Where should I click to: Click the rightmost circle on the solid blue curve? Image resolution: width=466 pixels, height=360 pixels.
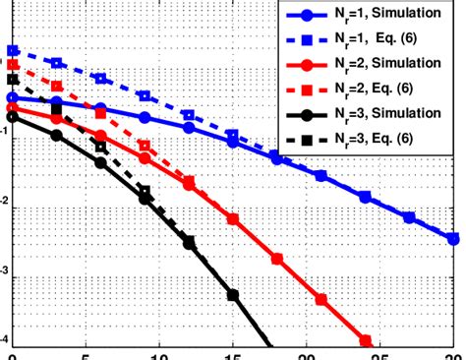[453, 238]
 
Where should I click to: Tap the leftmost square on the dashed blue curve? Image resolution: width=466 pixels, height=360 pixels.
[12, 50]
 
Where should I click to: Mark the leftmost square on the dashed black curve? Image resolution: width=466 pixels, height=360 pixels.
[12, 81]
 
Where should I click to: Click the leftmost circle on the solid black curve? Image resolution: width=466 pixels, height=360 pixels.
[12, 116]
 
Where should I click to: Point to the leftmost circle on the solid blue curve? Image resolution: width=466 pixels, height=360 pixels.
[12, 97]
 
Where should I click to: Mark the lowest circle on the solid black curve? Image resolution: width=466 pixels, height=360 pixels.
[233, 294]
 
